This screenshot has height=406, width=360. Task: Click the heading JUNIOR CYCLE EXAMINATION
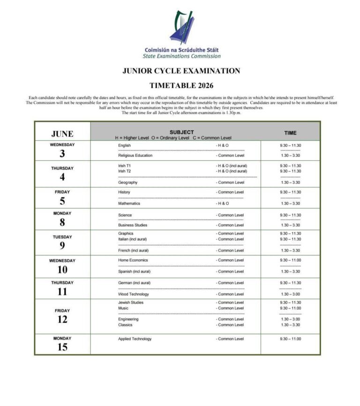181,71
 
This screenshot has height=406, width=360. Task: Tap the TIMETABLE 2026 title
181,85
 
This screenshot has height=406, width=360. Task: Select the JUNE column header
62,134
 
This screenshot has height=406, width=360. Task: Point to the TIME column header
290,133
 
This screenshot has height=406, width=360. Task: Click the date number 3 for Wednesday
62,154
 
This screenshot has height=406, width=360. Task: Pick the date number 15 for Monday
62,347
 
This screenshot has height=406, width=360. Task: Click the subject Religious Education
135,156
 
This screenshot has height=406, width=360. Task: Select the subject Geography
127,182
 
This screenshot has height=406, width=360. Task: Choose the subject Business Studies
132,225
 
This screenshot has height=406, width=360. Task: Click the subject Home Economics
133,260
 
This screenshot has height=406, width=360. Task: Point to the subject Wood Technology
133,294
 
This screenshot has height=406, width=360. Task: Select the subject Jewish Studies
131,302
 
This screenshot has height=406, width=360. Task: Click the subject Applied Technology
135,339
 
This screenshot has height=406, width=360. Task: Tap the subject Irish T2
125,171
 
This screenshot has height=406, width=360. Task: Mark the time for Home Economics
290,260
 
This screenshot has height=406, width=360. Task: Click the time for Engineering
290,319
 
